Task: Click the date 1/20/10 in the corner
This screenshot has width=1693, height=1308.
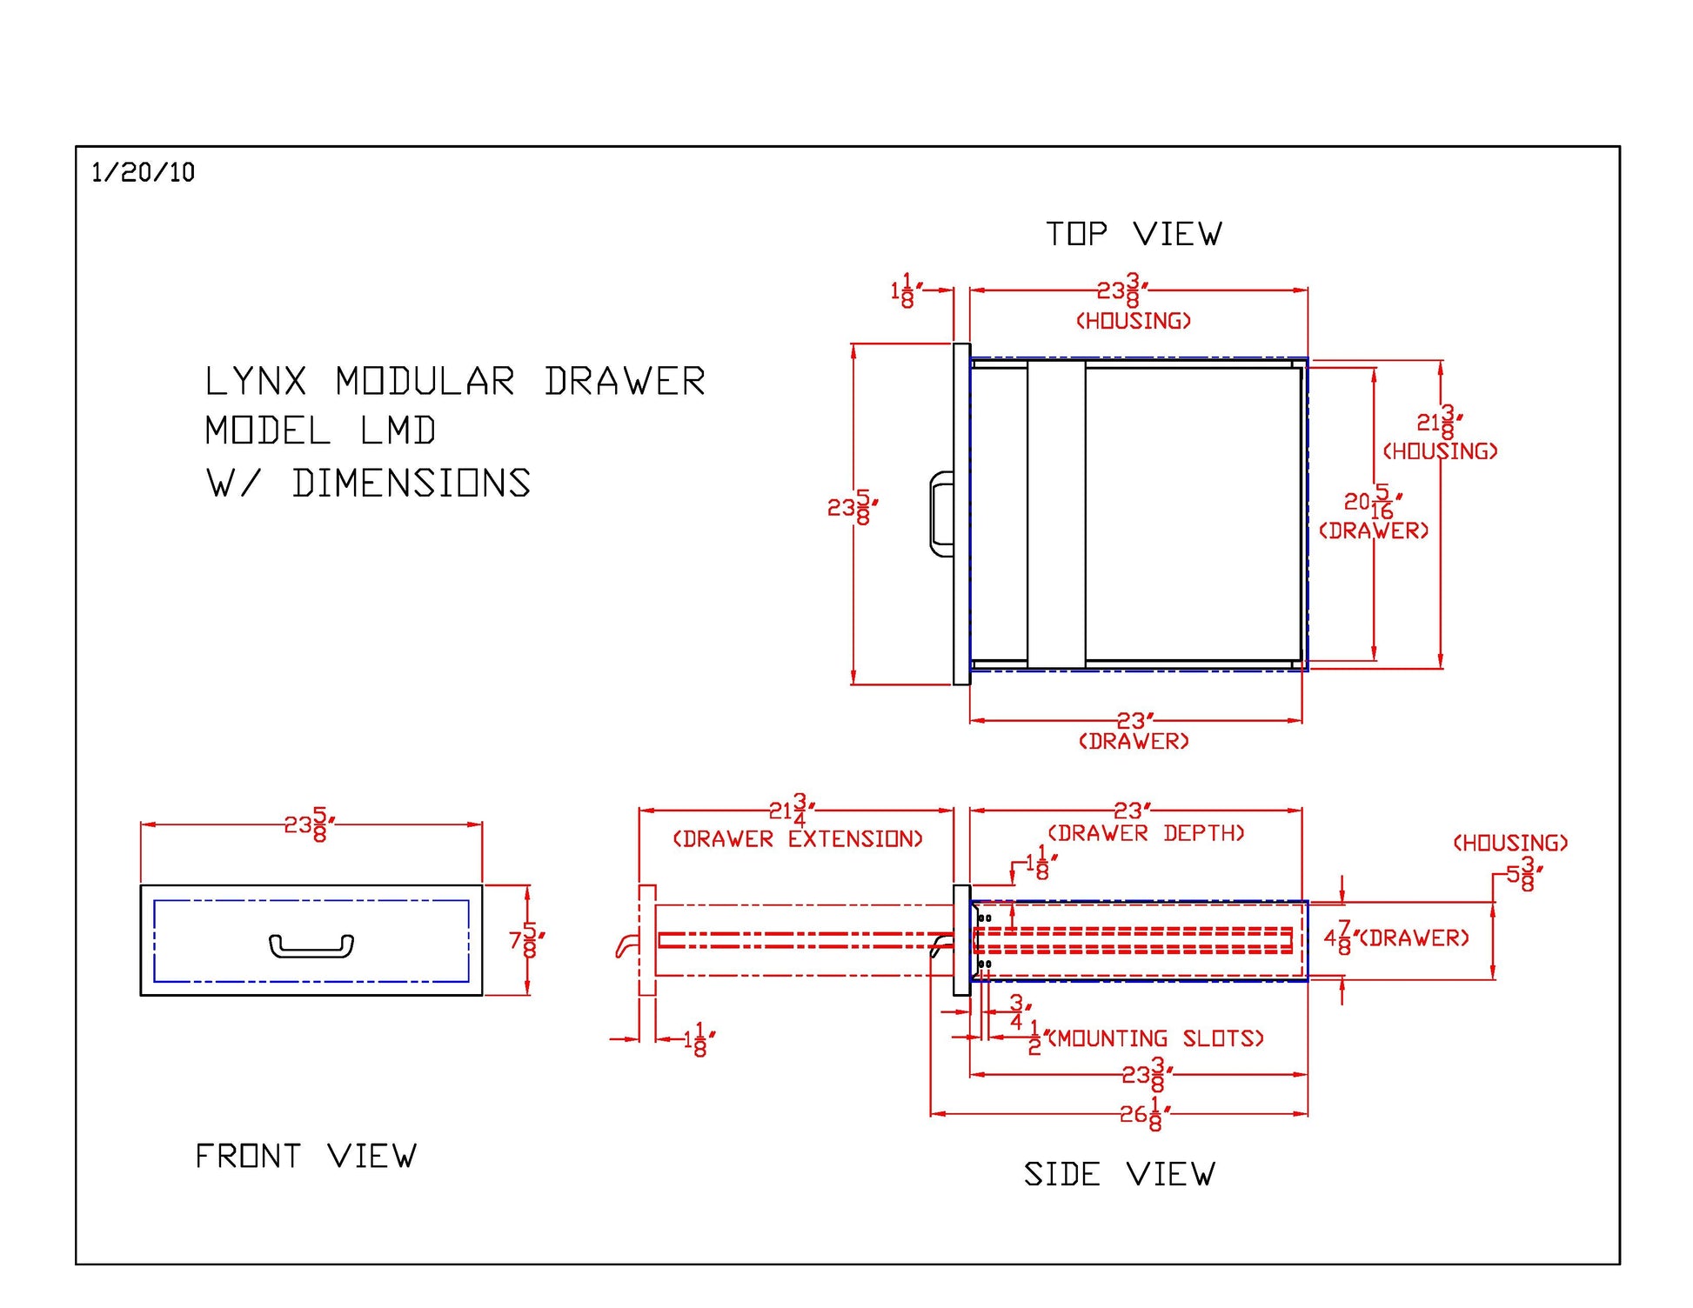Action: pos(143,172)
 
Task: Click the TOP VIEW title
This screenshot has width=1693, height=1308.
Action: pos(1134,234)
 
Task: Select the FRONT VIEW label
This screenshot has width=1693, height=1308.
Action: pos(305,1156)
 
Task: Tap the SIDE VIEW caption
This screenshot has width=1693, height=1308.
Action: pos(1119,1174)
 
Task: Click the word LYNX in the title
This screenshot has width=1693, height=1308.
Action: pos(256,382)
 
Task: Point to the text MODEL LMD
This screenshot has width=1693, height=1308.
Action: pos(320,431)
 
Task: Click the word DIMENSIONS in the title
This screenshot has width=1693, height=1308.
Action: pos(412,484)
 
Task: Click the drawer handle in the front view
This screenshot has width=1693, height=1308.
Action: pos(311,945)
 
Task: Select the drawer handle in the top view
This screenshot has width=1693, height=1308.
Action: pos(941,513)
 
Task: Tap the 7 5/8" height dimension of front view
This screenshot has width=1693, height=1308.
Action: pos(527,940)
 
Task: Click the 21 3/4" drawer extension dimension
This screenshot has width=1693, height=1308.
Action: pos(791,811)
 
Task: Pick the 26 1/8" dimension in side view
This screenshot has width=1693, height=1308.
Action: pos(1145,1113)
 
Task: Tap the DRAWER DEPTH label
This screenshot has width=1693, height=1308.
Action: pos(1146,833)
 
